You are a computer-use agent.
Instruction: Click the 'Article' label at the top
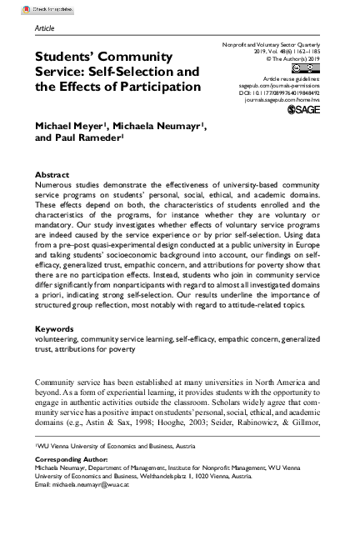tap(45, 27)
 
